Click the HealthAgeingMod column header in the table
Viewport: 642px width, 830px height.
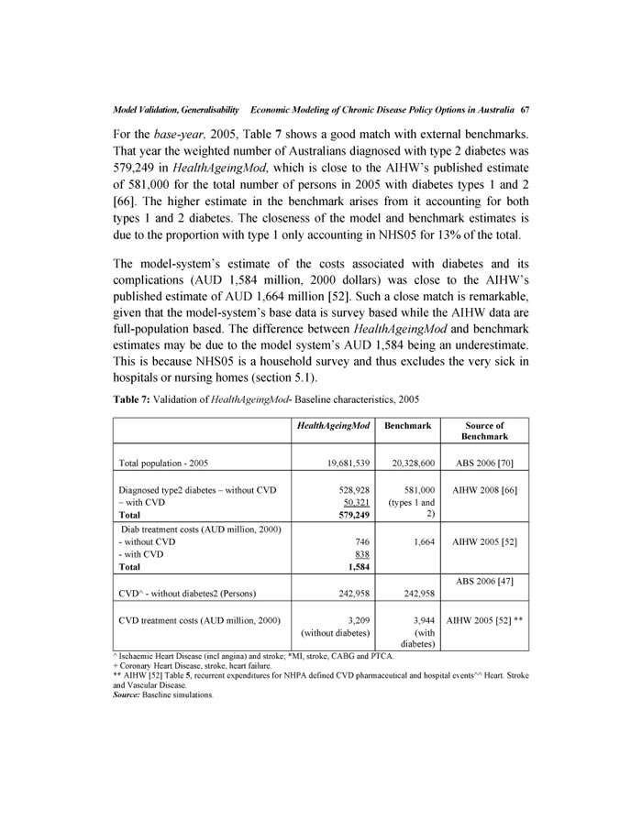click(x=330, y=426)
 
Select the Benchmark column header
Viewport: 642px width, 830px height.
click(x=406, y=426)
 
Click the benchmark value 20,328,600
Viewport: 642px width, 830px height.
click(x=407, y=464)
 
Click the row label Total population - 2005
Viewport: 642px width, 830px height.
click(x=172, y=464)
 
